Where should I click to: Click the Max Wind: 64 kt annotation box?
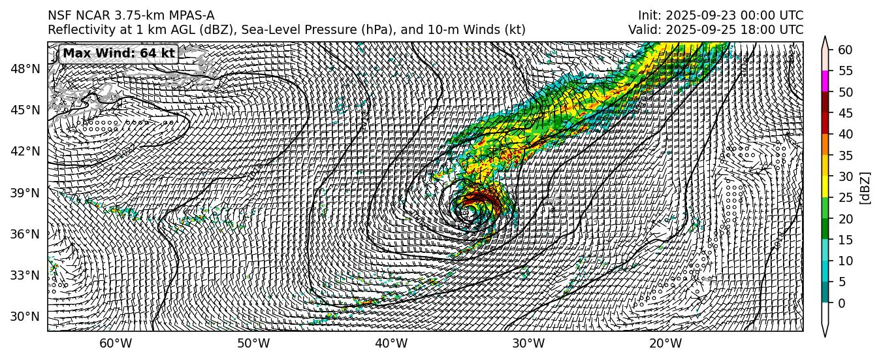[119, 54]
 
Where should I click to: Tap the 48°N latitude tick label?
[25, 69]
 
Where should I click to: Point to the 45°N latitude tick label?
[25, 110]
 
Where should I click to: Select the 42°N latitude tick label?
[25, 151]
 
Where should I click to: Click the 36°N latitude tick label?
[25, 234]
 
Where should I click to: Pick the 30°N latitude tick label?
[25, 316]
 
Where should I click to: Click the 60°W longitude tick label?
[116, 344]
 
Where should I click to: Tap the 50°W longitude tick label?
[253, 344]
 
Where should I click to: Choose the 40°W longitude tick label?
[391, 344]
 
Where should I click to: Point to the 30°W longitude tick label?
[528, 344]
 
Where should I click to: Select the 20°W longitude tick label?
[666, 344]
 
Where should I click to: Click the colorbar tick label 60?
[845, 50]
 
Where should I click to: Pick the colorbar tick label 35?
[845, 155]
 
